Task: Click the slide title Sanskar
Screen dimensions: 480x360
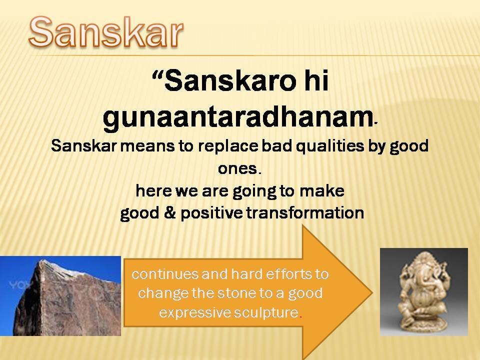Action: [106, 32]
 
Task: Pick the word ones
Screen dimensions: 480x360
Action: [237, 168]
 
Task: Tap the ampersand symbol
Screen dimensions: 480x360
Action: [169, 213]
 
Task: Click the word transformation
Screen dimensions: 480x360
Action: [305, 213]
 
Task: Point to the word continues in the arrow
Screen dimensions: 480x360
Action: [164, 274]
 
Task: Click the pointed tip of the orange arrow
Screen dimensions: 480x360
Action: [372, 292]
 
